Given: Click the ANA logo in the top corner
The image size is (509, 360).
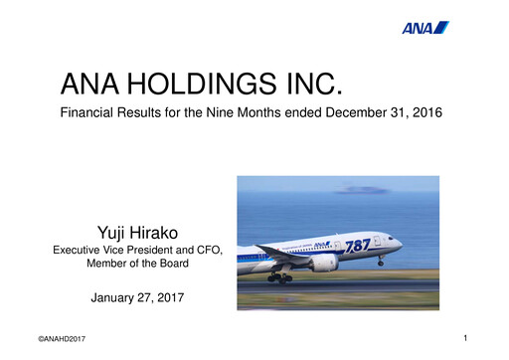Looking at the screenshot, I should point(425,27).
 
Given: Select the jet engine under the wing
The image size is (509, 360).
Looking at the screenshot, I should point(324,264).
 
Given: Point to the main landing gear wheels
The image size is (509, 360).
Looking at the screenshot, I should point(281,277).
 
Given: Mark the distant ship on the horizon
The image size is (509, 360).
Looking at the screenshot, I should point(356,188).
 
